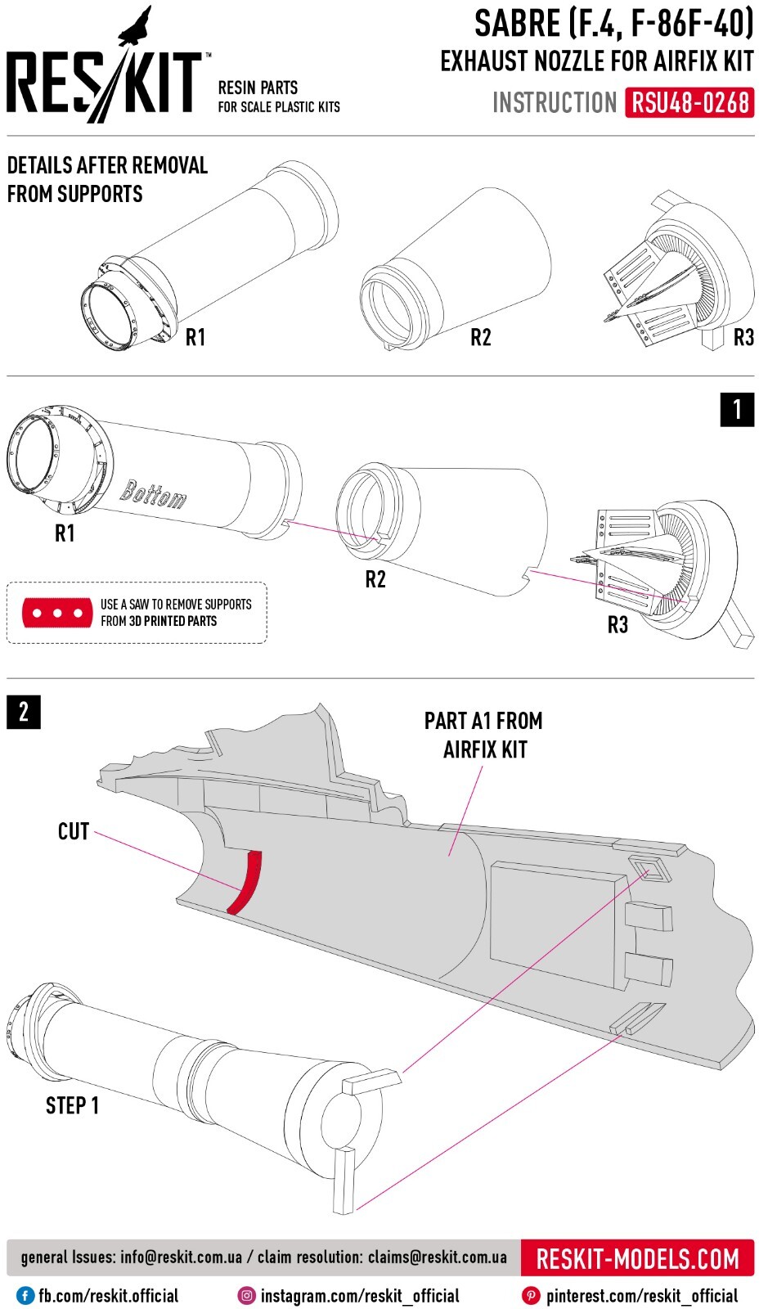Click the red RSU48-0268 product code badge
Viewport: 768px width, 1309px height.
[689, 103]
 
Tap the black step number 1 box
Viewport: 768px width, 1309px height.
[737, 409]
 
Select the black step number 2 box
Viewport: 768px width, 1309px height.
[24, 712]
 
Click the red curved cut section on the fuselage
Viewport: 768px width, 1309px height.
[245, 882]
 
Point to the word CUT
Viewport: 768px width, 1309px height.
[73, 831]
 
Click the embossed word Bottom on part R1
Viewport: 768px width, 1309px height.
[153, 495]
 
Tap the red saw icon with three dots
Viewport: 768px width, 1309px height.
[57, 613]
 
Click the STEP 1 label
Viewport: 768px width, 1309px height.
[72, 1105]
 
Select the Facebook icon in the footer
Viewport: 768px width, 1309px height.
[24, 1296]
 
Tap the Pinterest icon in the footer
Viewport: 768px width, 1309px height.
[530, 1296]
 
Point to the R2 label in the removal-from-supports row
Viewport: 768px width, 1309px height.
[481, 337]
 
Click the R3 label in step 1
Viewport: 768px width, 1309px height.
[618, 625]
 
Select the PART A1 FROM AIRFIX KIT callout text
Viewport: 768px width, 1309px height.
[483, 735]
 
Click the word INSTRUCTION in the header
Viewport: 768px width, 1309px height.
[555, 103]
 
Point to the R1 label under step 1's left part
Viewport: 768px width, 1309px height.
[65, 533]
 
